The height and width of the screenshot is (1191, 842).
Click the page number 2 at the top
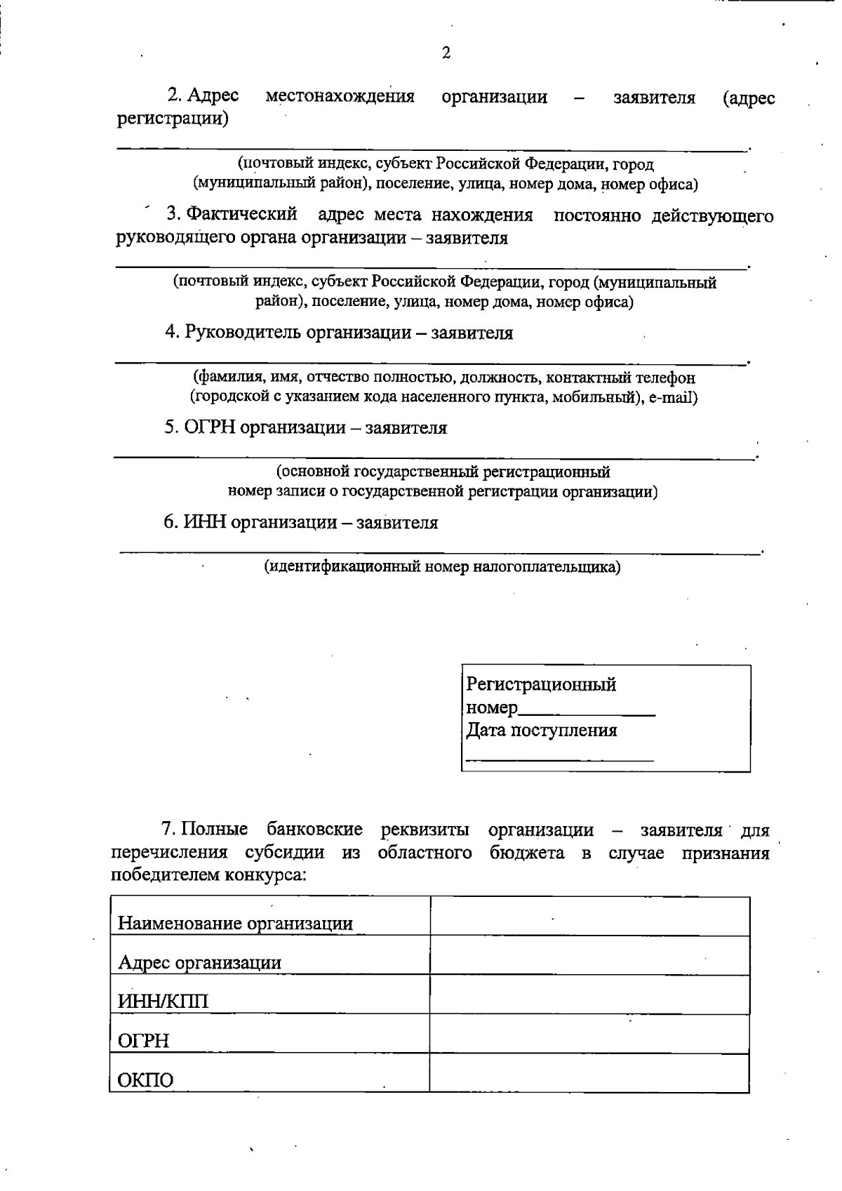[x=446, y=53]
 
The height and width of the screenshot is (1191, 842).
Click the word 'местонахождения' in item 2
[x=340, y=96]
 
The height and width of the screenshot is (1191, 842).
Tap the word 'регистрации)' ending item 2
[x=173, y=119]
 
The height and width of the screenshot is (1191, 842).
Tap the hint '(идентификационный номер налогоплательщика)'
[x=442, y=566]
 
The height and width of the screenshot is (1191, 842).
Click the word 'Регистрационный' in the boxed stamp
[x=541, y=684]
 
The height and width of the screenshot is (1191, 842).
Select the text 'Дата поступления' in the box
[x=542, y=731]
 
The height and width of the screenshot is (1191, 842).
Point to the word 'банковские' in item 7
[x=315, y=830]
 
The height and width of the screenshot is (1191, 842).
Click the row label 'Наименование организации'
[x=235, y=923]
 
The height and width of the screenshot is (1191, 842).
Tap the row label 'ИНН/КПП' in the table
[x=163, y=1001]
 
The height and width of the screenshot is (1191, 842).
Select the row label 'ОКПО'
[x=145, y=1079]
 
